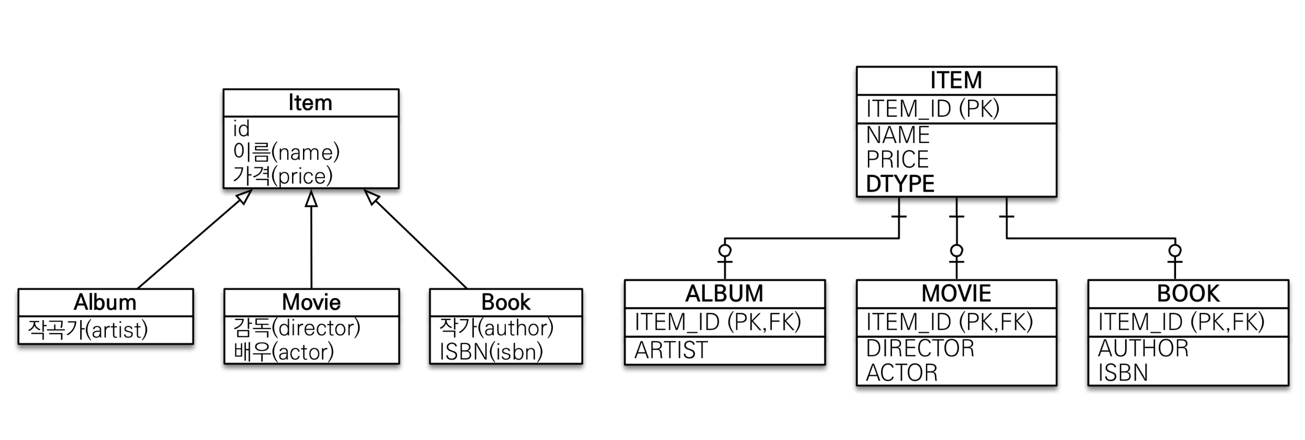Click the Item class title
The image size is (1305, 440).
(x=310, y=103)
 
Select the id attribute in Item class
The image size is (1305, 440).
(x=242, y=129)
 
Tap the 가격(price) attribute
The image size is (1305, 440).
(x=282, y=175)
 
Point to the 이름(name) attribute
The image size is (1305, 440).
(x=286, y=152)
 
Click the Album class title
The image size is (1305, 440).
(x=105, y=302)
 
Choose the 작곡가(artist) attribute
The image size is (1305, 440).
(x=88, y=329)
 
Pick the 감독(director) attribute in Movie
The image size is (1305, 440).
(x=297, y=327)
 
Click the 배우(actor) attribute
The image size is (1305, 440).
(x=284, y=351)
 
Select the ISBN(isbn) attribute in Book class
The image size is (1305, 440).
(x=491, y=351)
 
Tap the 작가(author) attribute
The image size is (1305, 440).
(x=496, y=327)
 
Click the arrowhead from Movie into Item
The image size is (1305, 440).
(x=311, y=199)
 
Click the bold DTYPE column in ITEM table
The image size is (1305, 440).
(x=900, y=184)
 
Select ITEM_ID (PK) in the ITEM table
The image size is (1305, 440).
(x=933, y=109)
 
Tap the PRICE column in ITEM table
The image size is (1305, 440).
(x=897, y=159)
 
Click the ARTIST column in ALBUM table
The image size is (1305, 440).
(x=671, y=350)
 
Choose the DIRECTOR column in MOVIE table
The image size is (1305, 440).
(x=920, y=348)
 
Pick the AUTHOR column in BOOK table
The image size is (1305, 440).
(x=1143, y=348)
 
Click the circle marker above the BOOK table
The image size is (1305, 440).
(x=1175, y=250)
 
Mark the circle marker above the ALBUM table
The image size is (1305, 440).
(x=725, y=250)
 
